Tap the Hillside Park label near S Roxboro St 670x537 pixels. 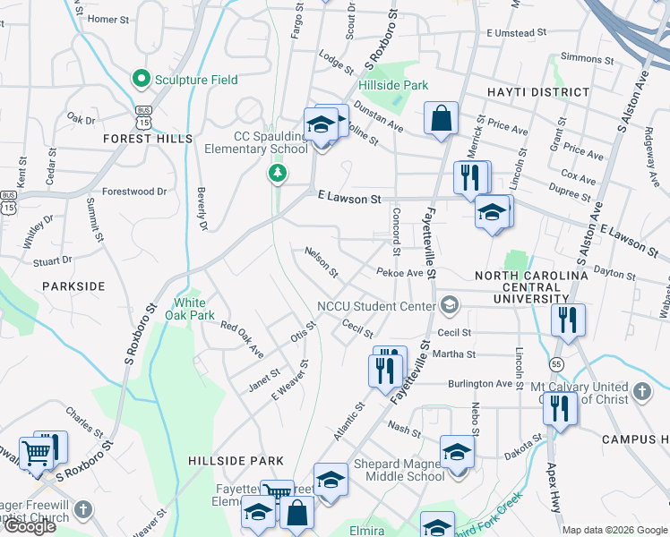pos(394,85)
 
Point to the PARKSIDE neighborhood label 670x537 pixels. pos(73,286)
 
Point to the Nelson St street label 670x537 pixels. pos(321,261)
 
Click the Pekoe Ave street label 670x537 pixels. pos(399,272)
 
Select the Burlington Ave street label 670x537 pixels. pos(480,383)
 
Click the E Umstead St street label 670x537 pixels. pos(517,33)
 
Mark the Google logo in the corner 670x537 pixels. pos(30,526)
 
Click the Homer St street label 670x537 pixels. pos(108,19)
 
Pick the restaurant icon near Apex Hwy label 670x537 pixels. pos(560,410)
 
